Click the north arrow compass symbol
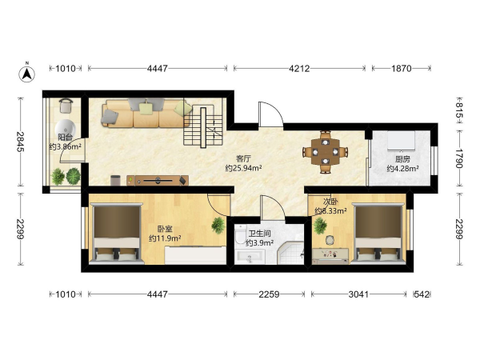27,74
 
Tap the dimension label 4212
299,68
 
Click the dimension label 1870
401,68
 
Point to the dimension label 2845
21,142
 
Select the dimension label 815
459,110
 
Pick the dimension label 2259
269,294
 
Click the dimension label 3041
358,294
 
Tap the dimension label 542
422,294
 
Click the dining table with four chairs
325,152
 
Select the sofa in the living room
146,113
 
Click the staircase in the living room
202,127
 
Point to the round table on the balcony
65,128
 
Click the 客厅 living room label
243,158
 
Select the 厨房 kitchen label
402,159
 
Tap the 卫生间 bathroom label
259,234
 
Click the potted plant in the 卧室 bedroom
218,226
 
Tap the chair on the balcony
66,106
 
